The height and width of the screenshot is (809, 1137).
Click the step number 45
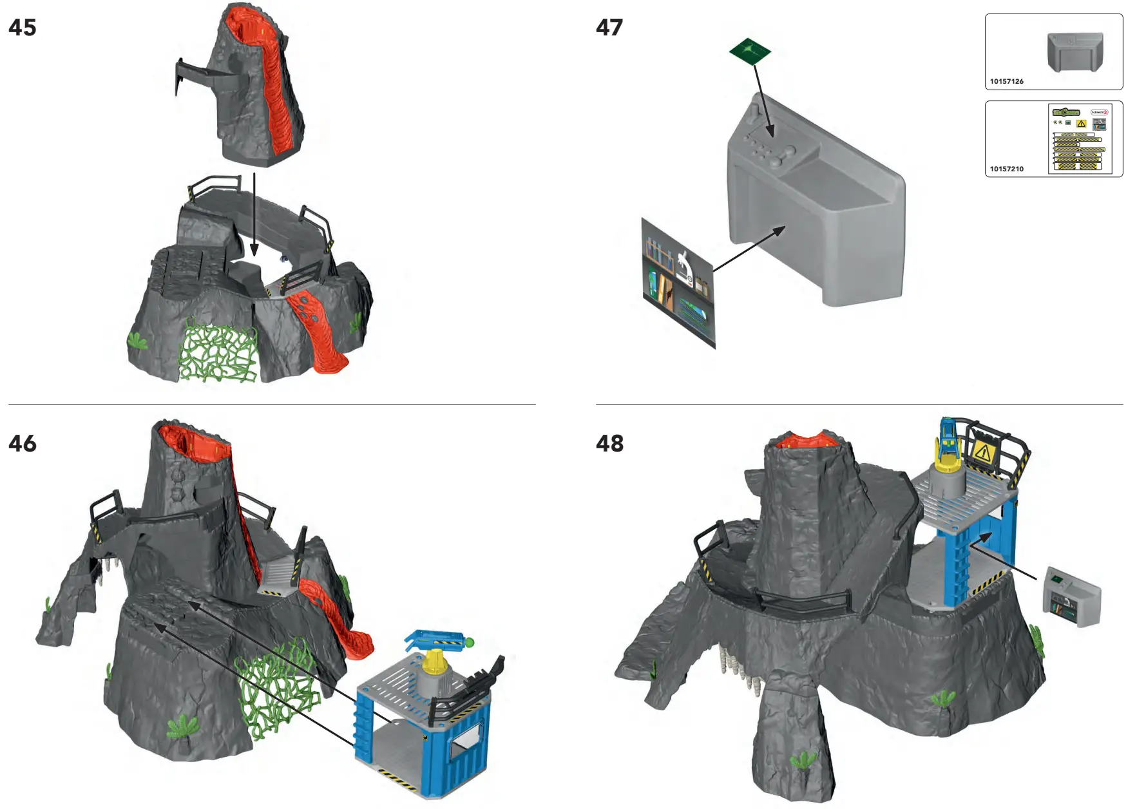23,28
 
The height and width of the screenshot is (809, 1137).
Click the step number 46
23,444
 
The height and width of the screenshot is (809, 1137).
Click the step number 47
609,28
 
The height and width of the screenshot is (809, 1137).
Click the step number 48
609,444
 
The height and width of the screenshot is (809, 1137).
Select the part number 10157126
1006,81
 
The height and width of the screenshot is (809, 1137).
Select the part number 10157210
1006,169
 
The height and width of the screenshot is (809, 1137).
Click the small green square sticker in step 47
750,51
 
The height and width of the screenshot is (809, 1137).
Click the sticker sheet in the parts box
1080,139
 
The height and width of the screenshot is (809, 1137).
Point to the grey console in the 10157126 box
1075,52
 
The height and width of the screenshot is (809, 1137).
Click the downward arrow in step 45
254,213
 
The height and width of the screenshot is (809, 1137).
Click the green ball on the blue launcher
469,642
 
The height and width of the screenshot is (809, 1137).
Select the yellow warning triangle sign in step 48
982,453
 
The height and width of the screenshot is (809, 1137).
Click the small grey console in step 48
1071,596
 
